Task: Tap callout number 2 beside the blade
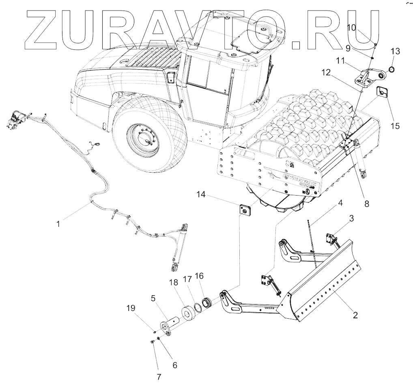[355, 315]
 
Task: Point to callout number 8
[367, 204]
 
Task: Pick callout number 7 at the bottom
[159, 377]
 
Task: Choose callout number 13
[395, 51]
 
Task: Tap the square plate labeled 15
[383, 93]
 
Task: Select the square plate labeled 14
[245, 210]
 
